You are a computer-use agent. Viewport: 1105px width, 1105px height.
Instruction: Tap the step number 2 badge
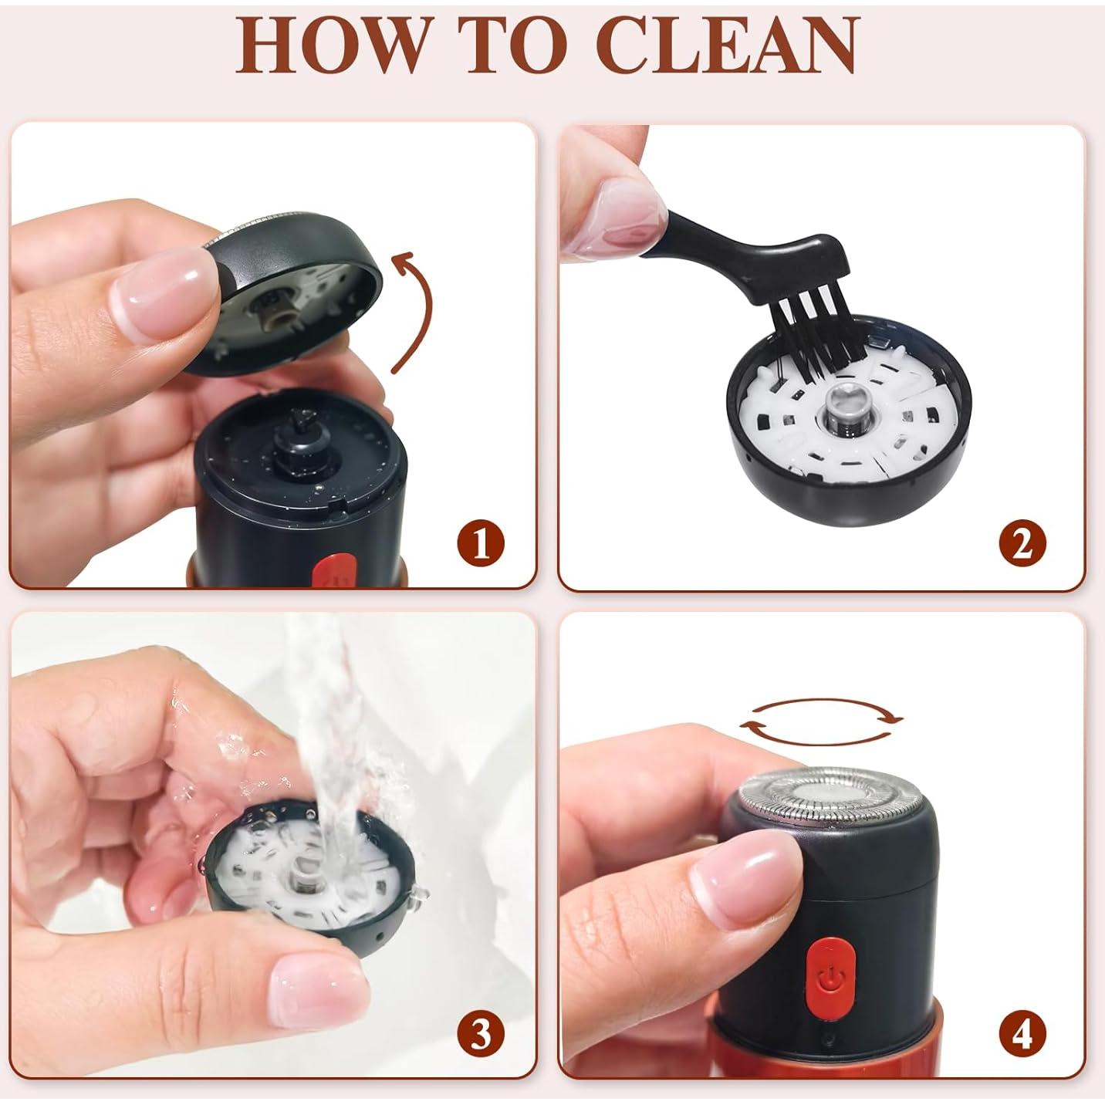pos(1022,543)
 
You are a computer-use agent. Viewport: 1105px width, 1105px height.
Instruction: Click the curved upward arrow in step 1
pos(423,309)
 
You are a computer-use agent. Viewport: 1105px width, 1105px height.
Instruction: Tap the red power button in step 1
pos(333,569)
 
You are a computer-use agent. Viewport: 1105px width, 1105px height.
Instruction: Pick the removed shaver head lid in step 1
pos(285,292)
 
